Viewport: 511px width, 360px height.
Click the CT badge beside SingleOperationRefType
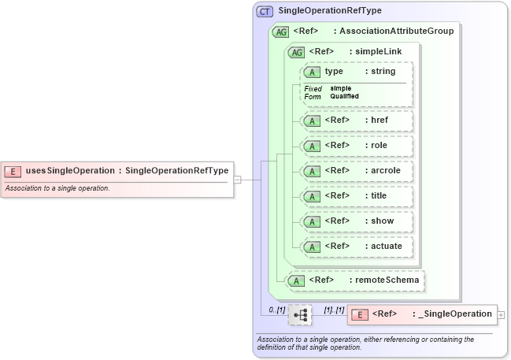point(265,12)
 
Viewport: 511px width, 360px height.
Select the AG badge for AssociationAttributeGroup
point(280,32)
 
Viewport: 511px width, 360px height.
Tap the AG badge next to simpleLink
point(297,52)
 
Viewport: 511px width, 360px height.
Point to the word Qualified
point(345,96)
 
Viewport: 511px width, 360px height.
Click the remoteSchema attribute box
point(354,280)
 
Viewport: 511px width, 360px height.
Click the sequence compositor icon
point(300,315)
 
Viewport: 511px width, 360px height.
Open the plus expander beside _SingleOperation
point(502,315)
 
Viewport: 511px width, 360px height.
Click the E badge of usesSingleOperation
point(13,171)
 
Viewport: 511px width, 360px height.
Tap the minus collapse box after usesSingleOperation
point(237,179)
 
